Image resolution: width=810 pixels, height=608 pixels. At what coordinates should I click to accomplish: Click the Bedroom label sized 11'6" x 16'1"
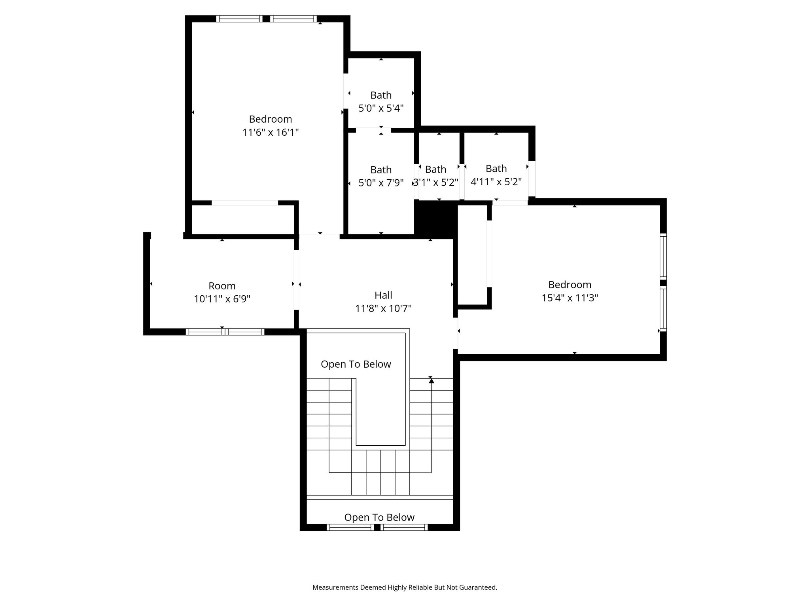pos(271,119)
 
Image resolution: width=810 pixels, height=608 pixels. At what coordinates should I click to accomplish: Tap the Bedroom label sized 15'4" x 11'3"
pos(570,285)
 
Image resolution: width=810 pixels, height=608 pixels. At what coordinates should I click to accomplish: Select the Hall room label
pos(383,295)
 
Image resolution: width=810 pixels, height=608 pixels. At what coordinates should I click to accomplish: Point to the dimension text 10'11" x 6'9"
pos(222,299)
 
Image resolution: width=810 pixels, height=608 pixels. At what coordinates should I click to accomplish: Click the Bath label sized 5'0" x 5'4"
pos(381,95)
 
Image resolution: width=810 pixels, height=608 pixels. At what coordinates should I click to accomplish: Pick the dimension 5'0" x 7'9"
pos(381,183)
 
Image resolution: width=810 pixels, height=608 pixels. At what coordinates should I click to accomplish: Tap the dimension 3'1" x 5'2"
pos(435,182)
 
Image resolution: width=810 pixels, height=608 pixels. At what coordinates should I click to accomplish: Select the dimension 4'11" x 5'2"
pos(496,182)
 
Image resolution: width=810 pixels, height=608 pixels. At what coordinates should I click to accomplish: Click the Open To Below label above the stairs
pos(356,364)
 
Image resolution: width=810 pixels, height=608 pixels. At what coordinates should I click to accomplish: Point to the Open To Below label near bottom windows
pos(379,517)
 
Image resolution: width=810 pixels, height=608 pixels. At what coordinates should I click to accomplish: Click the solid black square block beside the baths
pos(435,219)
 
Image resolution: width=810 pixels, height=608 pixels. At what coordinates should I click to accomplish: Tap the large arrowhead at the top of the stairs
pos(431,381)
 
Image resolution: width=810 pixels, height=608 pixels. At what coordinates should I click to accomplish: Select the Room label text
pos(222,286)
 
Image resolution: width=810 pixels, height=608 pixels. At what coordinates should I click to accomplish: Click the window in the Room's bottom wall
pos(225,332)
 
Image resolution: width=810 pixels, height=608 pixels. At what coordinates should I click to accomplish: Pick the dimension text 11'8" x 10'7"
pos(383,308)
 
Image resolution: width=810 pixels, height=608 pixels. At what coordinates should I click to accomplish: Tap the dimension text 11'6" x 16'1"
pos(271,132)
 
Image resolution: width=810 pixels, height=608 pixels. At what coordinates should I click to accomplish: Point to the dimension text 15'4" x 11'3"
pos(570,298)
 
